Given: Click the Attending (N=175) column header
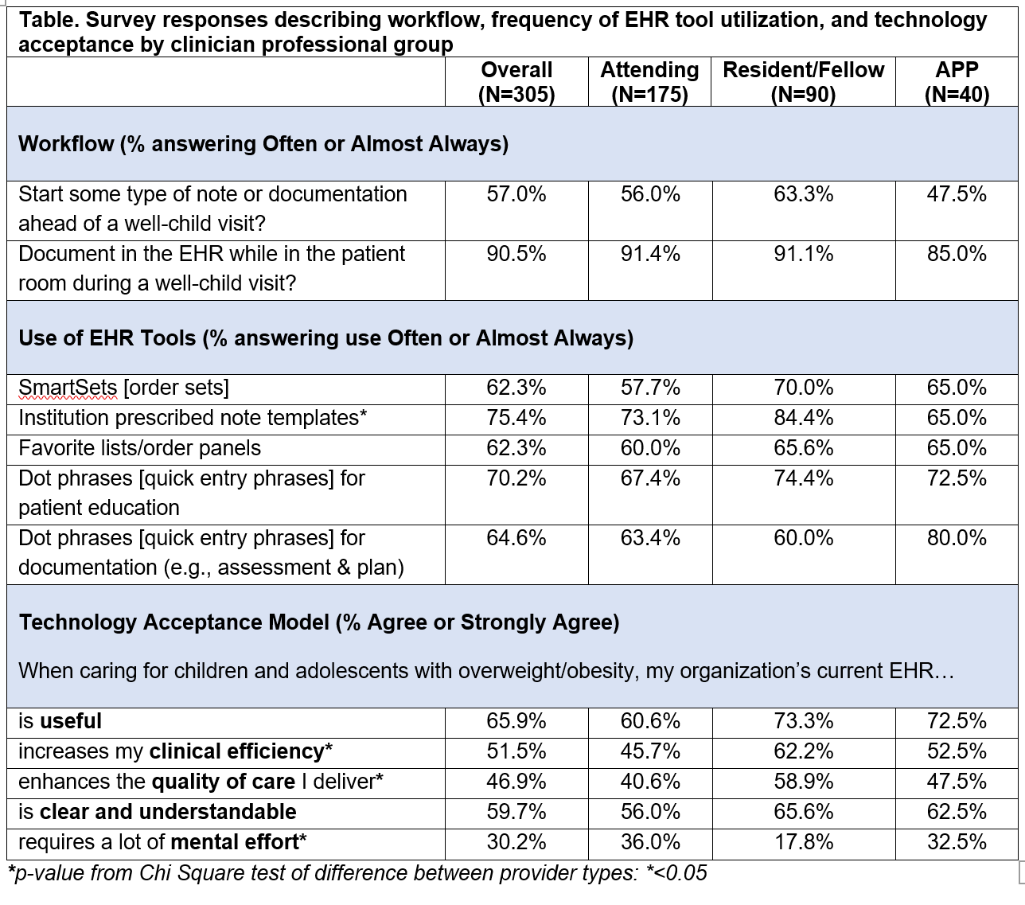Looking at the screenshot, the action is pos(649,82).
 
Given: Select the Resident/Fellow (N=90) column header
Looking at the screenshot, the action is pos(804,82).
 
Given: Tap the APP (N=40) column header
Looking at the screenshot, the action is pos(957,82).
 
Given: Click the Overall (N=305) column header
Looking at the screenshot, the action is pos(516,82).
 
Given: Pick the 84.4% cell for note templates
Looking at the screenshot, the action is pos(804,418).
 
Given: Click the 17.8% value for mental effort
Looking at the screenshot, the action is pos(804,842).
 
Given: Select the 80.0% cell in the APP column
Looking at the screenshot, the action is pos(957,537).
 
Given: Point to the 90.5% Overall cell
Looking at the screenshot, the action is pos(516,254).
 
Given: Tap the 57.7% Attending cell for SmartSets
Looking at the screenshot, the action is pos(650,388).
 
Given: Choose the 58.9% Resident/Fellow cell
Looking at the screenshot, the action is pos(804,782).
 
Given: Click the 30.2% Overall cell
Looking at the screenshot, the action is pos(516,842).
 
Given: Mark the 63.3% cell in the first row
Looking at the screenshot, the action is pos(804,194).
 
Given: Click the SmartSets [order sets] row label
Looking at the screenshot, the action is pos(124,388).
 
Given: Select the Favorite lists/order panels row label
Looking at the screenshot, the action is pos(139,448).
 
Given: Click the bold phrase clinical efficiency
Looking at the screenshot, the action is pos(237,751).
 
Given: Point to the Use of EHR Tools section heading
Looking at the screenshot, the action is pos(325,338).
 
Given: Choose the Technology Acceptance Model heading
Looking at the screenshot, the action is pos(319,622).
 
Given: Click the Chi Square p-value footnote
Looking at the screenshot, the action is pos(357,874).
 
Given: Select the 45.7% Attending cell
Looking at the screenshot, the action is pos(650,751).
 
